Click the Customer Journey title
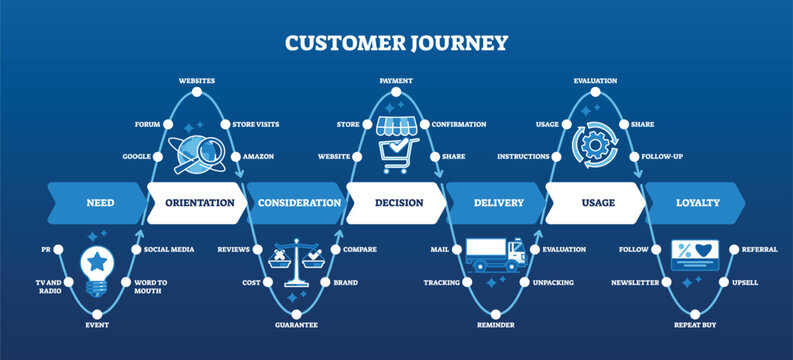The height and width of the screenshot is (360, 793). (x=396, y=43)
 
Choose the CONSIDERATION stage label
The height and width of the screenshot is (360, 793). (x=299, y=203)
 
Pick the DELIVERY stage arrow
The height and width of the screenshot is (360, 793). (x=498, y=203)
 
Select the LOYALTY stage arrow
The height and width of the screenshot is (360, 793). (x=697, y=203)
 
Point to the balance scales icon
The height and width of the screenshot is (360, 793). (x=297, y=264)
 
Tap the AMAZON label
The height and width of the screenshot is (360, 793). (x=258, y=157)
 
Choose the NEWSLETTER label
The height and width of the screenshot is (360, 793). (x=635, y=283)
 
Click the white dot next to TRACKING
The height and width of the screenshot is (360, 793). (x=468, y=283)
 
